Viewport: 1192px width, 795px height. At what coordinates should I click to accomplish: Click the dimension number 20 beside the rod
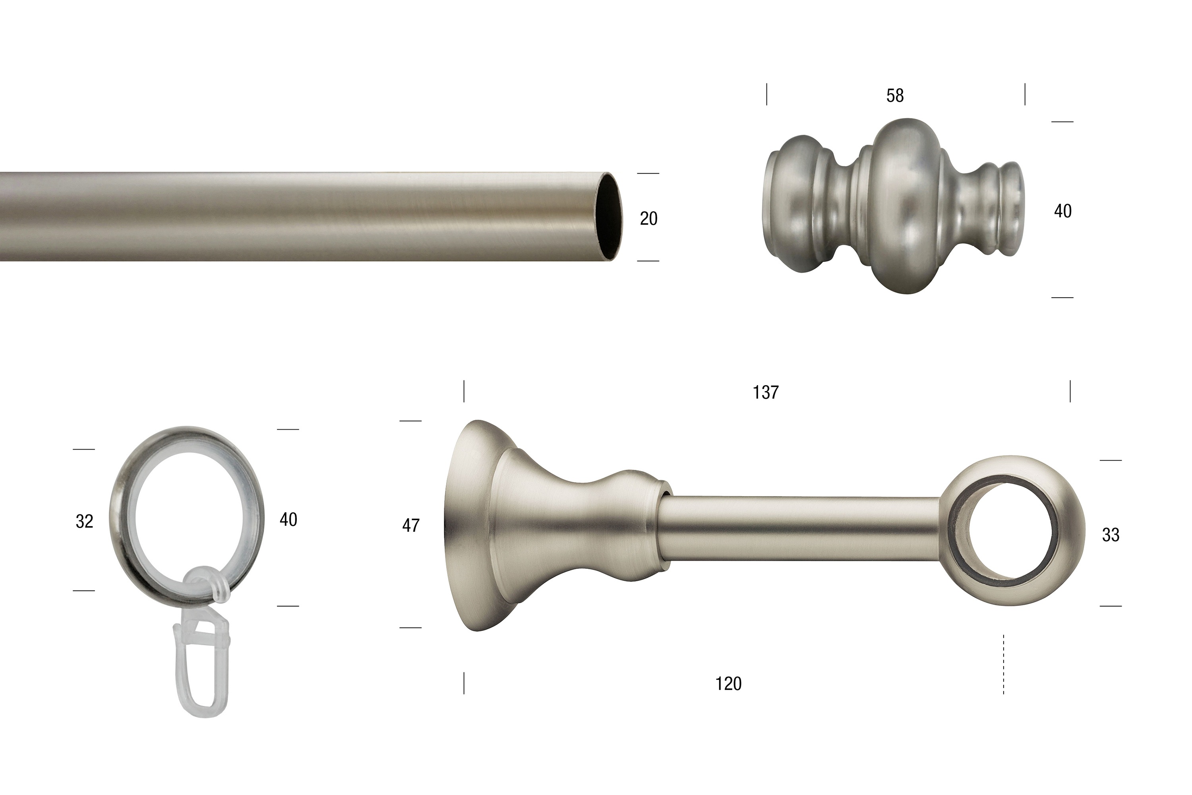[x=649, y=219]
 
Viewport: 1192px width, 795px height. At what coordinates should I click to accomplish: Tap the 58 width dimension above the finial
[x=895, y=96]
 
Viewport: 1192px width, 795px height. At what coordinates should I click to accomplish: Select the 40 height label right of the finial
[x=1063, y=211]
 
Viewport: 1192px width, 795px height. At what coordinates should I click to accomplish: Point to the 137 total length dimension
[x=766, y=392]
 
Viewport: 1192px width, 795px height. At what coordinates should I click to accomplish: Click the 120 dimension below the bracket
[x=728, y=684]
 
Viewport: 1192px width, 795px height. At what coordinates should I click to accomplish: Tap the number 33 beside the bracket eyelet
[x=1111, y=535]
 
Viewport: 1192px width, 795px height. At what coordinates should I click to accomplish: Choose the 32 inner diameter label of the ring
[x=85, y=521]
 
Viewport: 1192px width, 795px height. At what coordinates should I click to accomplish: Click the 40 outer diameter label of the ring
[x=288, y=519]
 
